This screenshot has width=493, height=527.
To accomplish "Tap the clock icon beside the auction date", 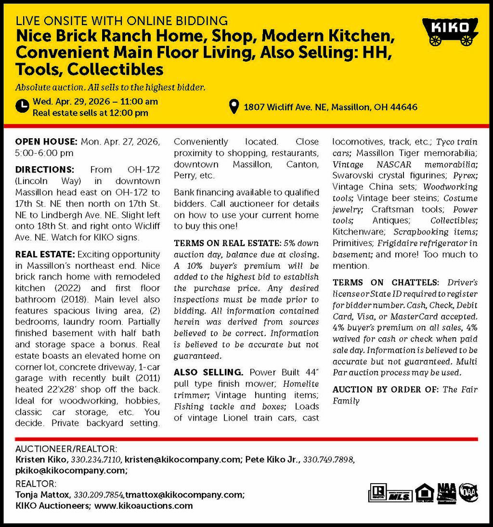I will point(22,106).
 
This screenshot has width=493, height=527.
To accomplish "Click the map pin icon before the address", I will point(234,106).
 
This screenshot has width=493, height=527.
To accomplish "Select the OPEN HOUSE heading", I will point(46,142).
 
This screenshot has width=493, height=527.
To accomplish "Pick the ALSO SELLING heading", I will point(208,372).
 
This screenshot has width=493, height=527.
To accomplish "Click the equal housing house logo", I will point(424,493).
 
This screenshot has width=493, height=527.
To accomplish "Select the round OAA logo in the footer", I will point(467,492).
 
